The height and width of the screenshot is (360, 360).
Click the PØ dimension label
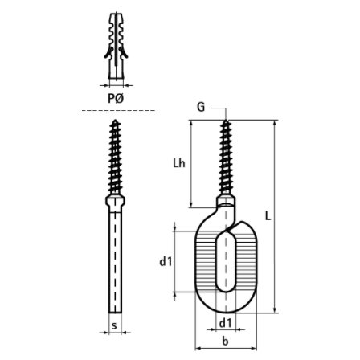pos(116,99)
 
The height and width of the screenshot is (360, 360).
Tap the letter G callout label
pos(201,107)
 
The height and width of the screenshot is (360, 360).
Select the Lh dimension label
pos(179,162)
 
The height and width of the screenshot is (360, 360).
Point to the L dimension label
pos(268,215)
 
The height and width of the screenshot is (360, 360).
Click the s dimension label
pos(114,325)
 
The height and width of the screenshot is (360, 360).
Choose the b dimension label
pos(226,341)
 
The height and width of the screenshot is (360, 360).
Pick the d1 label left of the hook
pos(166,261)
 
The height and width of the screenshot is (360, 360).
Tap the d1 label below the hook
pos(225,323)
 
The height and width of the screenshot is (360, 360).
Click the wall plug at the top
pos(116,46)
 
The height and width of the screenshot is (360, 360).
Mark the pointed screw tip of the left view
pos(115,121)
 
